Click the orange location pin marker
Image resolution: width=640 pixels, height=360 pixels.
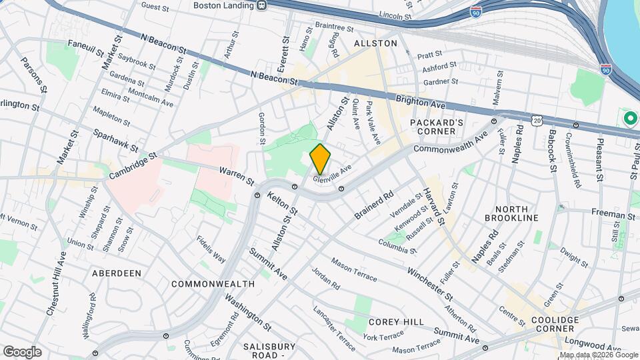[321, 159]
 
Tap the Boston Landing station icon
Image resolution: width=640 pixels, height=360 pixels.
[262, 5]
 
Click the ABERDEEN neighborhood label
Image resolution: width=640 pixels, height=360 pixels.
[117, 273]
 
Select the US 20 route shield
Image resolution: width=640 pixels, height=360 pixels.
[537, 119]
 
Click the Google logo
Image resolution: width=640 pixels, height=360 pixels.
[22, 351]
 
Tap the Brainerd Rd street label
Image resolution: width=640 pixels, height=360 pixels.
[375, 206]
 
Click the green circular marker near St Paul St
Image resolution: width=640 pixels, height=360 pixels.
[630, 119]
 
